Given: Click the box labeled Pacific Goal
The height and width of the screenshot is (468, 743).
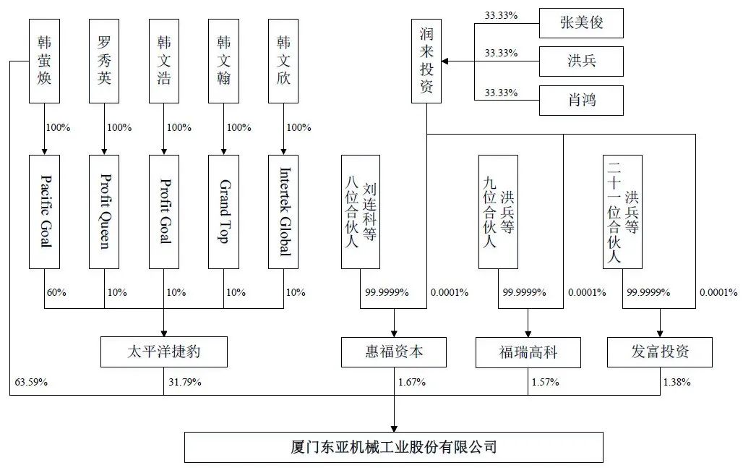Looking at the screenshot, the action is coord(45,211).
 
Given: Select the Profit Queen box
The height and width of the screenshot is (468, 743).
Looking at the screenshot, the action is coord(104,211).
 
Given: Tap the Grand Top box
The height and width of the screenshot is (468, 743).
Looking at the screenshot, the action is coord(223,211).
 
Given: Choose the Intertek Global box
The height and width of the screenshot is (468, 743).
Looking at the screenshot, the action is coord(283,211).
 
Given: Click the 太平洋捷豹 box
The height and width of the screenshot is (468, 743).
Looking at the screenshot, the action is coord(164,352).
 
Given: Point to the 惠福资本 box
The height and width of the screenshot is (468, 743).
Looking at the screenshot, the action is coord(394,352).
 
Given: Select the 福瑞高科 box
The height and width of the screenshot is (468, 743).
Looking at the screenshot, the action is coord(528,352).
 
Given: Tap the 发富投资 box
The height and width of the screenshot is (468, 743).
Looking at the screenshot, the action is coord(660,352).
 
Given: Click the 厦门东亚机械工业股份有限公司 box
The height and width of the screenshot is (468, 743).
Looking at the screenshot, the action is coord(394,447).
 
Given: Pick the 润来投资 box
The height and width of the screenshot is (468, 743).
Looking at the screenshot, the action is coord(426,61).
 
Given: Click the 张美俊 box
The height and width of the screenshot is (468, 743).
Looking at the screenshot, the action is coord(581,22).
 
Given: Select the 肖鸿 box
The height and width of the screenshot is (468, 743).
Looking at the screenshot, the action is coord(581,101).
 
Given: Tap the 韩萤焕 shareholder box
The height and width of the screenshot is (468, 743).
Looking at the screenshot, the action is coord(45,61).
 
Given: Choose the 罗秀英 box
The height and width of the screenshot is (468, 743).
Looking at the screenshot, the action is coord(104,61).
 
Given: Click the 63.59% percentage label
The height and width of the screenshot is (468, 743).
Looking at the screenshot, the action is coord(31,382).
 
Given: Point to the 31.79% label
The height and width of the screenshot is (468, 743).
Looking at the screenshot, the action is coord(185,382).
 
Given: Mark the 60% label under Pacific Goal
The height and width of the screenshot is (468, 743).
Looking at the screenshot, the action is coord(56,292).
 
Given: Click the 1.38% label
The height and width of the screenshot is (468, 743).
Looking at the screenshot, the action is coord(677,382).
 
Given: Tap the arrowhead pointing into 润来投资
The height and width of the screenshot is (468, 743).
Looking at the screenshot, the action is coord(445,61).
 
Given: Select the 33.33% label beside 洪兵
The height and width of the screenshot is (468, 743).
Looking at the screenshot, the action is coord(501,53).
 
